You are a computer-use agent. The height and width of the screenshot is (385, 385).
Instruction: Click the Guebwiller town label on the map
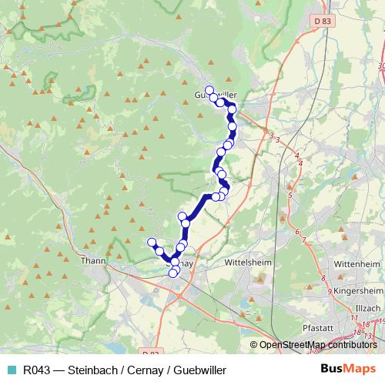tap(216, 95)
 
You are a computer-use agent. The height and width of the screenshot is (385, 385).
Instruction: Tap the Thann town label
tap(93, 261)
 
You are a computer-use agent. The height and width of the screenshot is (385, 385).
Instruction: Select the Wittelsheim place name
tap(247, 262)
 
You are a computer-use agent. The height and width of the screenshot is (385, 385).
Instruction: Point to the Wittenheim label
tap(357, 263)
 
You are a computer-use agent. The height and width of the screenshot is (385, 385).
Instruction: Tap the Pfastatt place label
tap(318, 327)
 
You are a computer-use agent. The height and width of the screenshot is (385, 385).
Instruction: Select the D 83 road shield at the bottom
tap(150, 353)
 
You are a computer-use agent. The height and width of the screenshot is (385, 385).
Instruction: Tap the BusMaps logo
tap(348, 369)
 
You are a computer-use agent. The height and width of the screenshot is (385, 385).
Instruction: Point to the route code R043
tap(38, 370)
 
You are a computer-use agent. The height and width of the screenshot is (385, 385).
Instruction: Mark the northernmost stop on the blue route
tap(209, 90)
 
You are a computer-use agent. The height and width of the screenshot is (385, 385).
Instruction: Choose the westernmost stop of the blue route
tap(151, 243)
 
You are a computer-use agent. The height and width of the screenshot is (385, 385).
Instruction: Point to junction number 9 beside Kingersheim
tap(329, 292)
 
